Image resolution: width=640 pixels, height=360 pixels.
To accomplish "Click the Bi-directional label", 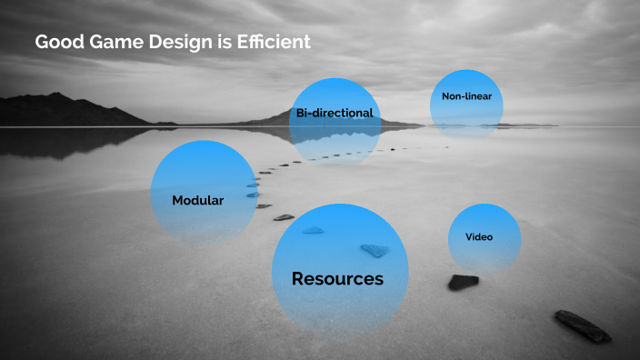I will point(335,113).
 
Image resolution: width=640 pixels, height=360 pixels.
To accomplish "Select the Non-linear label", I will point(466,96).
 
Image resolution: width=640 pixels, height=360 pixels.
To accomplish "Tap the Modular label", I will point(197,200).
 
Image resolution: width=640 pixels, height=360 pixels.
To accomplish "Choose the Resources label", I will point(337,279).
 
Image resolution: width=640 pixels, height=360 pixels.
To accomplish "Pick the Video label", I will point(479,236).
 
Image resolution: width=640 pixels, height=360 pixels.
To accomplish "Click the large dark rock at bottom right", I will point(583,325).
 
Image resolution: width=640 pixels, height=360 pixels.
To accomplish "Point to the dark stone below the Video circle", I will point(463,282).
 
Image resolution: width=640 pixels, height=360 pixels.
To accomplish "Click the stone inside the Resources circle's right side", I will point(375,250).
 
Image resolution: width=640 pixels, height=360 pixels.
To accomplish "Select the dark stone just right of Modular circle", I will point(284,217).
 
